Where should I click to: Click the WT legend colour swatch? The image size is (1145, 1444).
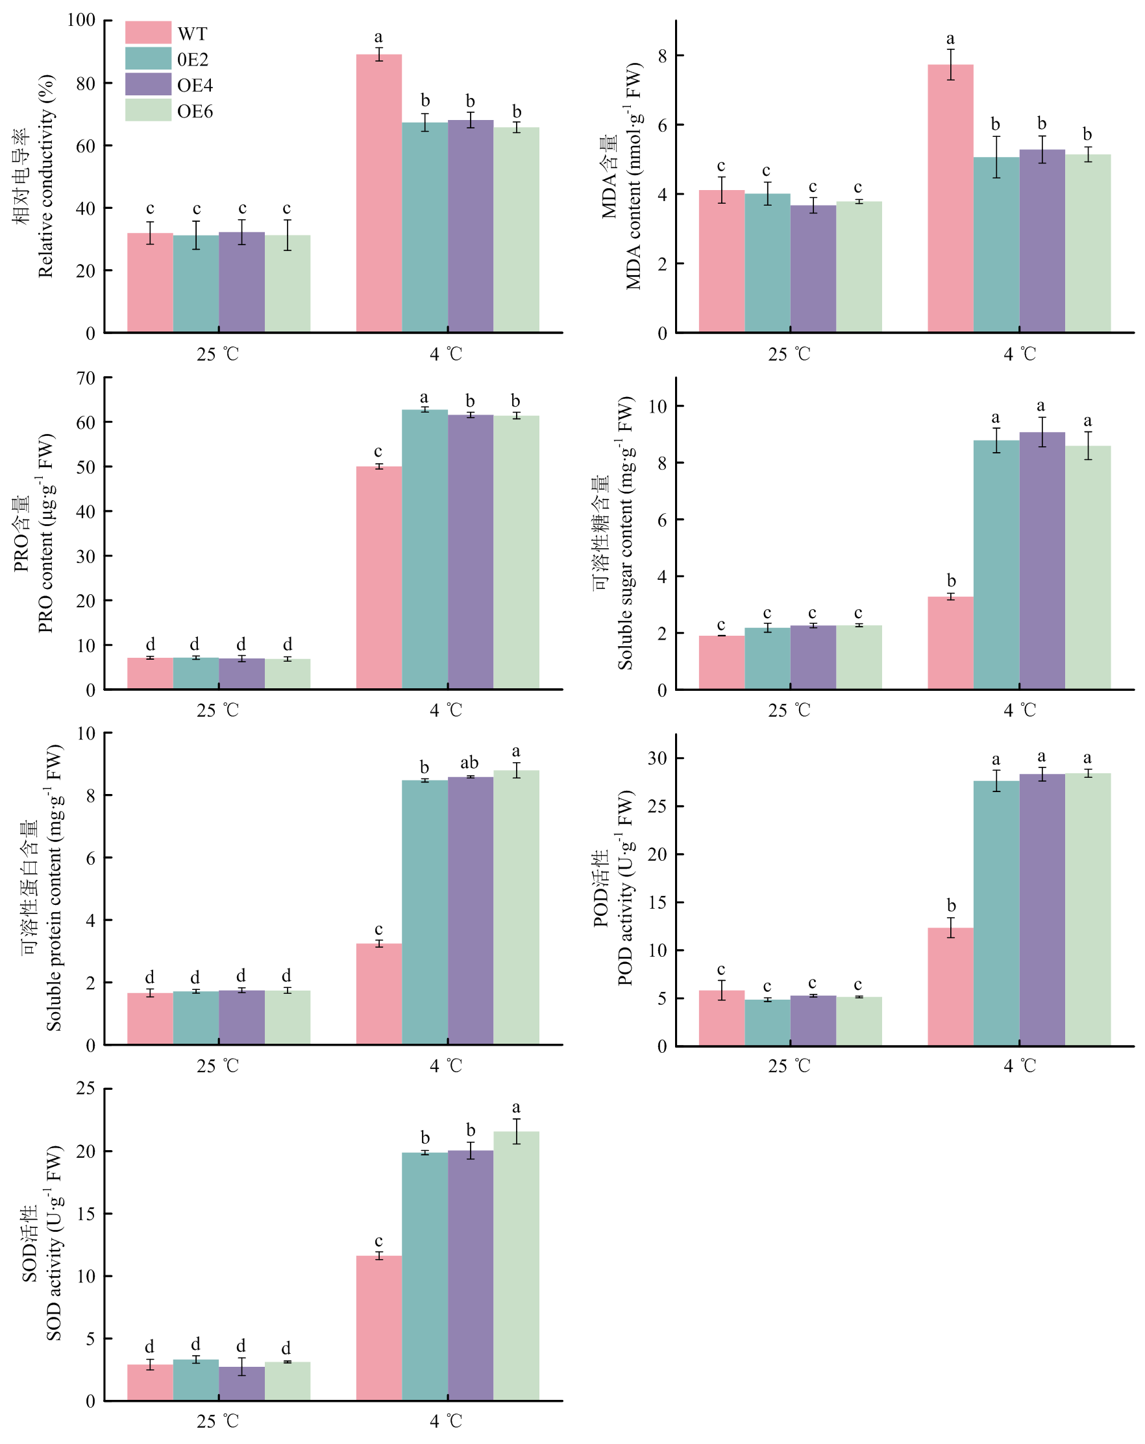(148, 33)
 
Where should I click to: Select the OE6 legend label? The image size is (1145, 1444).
(195, 111)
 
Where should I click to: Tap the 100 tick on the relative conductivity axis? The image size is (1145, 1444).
(81, 20)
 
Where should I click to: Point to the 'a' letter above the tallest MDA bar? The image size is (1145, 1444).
(950, 39)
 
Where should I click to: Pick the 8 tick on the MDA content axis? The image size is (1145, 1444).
(663, 56)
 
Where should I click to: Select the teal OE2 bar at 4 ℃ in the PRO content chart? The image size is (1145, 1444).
(425, 549)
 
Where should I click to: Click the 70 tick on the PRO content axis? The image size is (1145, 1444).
(86, 378)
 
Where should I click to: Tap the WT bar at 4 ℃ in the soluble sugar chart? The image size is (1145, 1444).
(950, 643)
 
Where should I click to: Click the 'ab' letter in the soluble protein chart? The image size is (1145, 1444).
(470, 763)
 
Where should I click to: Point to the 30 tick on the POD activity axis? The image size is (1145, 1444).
(658, 758)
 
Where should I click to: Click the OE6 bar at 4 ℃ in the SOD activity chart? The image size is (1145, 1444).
(516, 1266)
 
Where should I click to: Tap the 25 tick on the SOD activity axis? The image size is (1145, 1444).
(86, 1089)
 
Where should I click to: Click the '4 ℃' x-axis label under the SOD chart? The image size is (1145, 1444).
(446, 1421)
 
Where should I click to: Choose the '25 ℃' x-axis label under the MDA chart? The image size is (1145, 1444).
(789, 354)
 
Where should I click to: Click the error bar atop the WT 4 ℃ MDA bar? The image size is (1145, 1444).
(951, 64)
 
